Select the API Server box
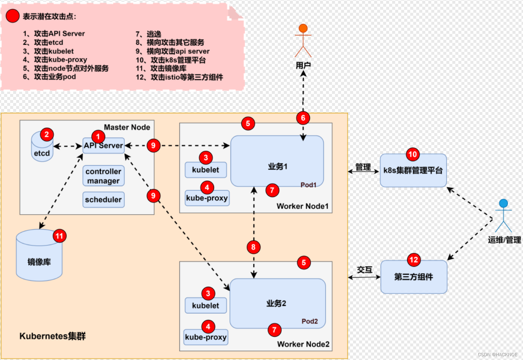(103, 146)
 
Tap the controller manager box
(103, 176)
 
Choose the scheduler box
(103, 200)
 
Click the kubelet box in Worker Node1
(206, 170)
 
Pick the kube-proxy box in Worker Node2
(206, 337)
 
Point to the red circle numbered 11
(59, 236)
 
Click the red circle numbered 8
(253, 247)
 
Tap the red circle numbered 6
(303, 118)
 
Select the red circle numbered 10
(413, 154)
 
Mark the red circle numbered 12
(414, 260)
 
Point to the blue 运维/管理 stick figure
(503, 216)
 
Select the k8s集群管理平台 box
(413, 171)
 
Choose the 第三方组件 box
(414, 277)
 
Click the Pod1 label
(308, 185)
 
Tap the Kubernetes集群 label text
(53, 336)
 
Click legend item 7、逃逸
(149, 34)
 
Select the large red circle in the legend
(13, 16)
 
